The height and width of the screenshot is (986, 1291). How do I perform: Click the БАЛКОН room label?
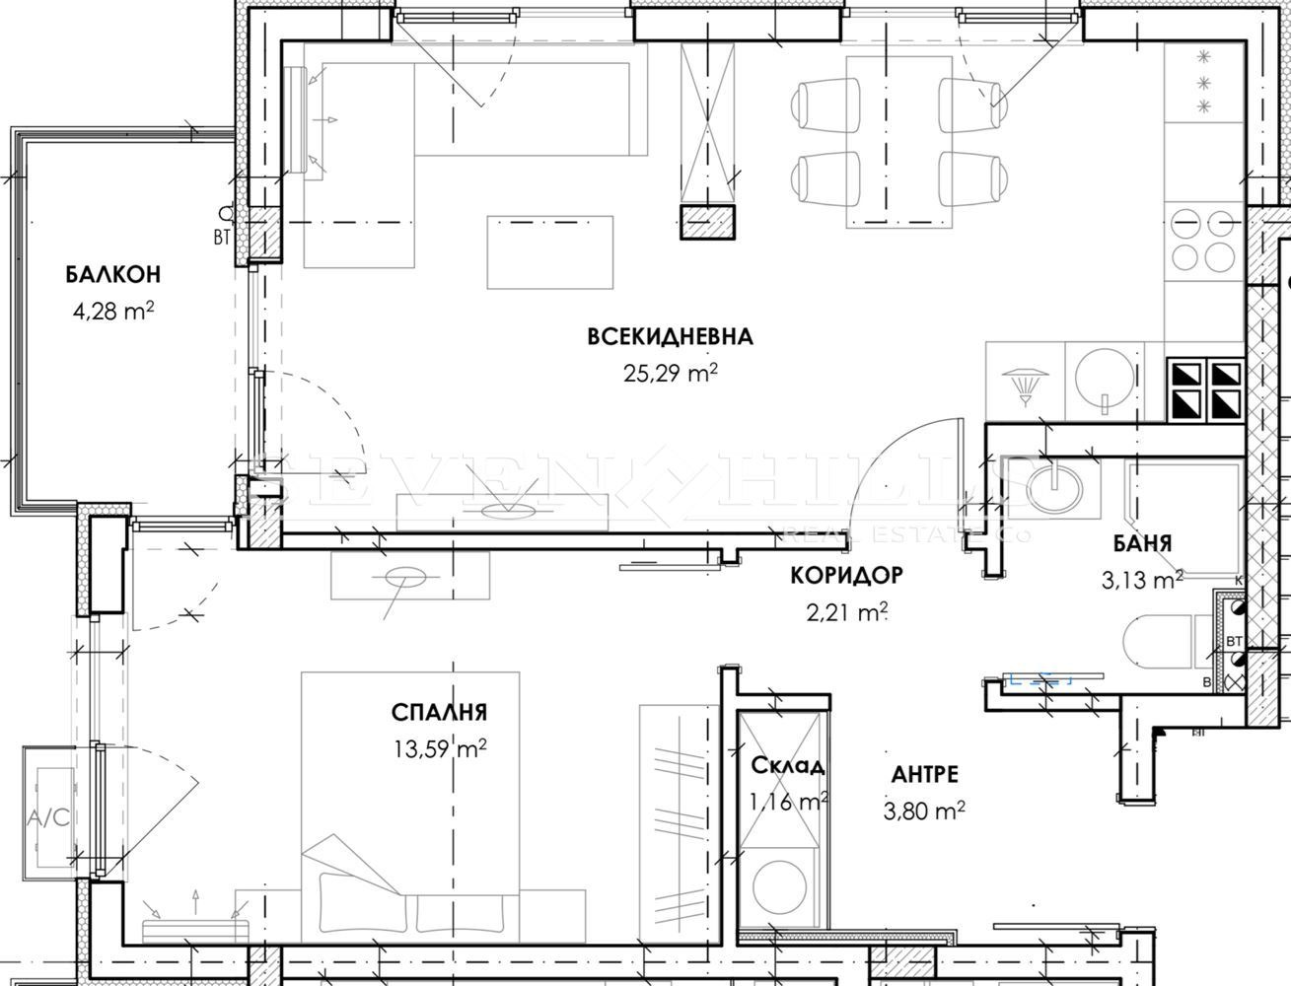click(x=113, y=274)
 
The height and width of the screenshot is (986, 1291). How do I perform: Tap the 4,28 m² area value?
click(x=113, y=310)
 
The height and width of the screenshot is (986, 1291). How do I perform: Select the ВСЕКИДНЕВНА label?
click(x=671, y=337)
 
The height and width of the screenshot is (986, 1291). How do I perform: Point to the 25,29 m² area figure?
click(x=671, y=372)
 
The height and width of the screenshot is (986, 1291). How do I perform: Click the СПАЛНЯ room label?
click(x=439, y=713)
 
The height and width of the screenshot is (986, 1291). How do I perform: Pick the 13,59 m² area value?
click(x=441, y=748)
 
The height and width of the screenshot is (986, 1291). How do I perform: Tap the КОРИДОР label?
click(x=846, y=575)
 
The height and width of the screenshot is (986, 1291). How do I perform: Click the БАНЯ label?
click(x=1143, y=543)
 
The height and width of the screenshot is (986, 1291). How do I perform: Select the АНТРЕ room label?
click(x=925, y=774)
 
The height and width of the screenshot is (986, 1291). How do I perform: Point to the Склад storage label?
click(x=788, y=765)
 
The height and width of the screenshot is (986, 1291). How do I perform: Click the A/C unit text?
click(x=48, y=817)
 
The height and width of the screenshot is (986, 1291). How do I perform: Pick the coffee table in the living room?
click(x=550, y=252)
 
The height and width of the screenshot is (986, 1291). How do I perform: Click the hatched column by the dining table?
click(x=707, y=222)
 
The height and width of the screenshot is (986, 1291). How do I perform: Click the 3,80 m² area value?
click(x=924, y=810)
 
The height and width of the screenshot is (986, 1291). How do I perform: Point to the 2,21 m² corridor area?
click(x=847, y=612)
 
